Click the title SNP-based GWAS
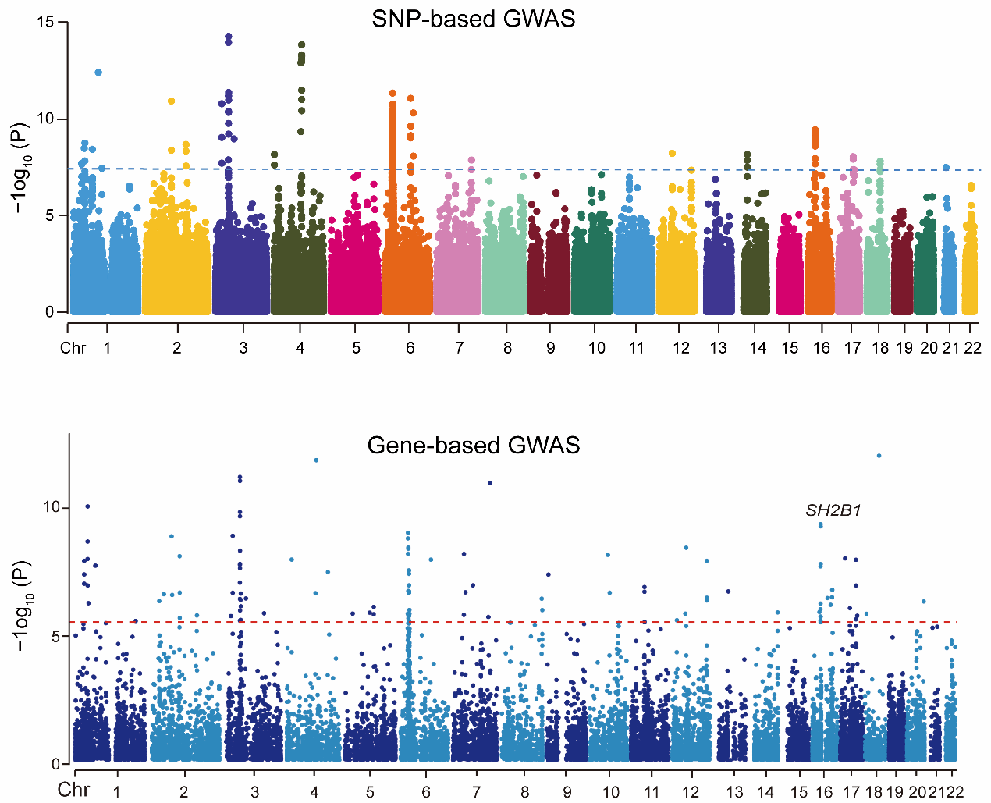tap(473, 19)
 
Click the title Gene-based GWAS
tap(474, 446)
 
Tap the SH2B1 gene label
tap(833, 511)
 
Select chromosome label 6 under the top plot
tap(410, 348)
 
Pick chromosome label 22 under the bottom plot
tap(956, 792)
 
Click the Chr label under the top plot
tap(73, 348)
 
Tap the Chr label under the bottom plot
tap(73, 790)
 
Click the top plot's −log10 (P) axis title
tap(21, 168)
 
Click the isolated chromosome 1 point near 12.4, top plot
tap(98, 73)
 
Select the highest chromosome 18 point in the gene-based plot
tap(879, 456)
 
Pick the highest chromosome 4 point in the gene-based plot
tap(316, 460)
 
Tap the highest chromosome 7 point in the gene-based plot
tap(490, 483)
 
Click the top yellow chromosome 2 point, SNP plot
tap(171, 101)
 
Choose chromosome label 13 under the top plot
tap(718, 348)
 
